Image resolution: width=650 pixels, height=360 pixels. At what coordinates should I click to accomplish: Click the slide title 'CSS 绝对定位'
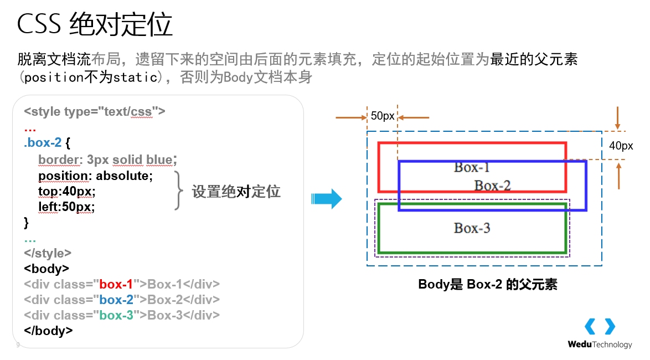coord(95,25)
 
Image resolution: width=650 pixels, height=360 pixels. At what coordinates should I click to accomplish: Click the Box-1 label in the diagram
coord(472,167)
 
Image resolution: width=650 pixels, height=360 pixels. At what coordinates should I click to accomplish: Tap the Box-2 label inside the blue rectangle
coord(492,186)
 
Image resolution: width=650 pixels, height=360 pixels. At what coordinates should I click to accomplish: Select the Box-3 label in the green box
coord(472,228)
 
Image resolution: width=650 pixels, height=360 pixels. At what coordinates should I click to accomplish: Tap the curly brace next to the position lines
coord(178,191)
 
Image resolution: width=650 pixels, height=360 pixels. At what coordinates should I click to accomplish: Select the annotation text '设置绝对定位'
coord(236,192)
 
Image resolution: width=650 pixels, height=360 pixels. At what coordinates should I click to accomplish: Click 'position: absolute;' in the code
coord(95,176)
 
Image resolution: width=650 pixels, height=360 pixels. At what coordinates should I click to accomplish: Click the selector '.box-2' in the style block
coord(43,143)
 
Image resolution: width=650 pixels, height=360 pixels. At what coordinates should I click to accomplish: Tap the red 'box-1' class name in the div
coord(116,285)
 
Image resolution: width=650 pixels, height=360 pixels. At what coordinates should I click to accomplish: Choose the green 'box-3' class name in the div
coord(116,316)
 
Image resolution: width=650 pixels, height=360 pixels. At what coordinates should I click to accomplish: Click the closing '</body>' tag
coord(49,331)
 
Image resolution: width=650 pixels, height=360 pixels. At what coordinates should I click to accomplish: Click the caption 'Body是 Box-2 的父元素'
coord(487,285)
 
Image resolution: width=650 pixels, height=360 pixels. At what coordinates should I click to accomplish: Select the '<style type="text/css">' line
coord(95,111)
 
